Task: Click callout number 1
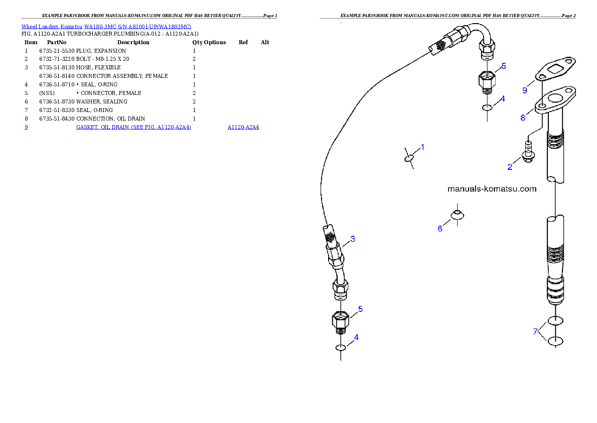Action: tap(422, 147)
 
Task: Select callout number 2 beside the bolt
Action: tap(510, 167)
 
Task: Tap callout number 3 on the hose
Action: tap(353, 239)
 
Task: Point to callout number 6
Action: tap(440, 229)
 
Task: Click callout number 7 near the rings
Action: tap(535, 331)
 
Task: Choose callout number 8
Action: tap(523, 118)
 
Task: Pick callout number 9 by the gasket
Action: tap(525, 90)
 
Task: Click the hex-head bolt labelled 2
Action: tap(527, 153)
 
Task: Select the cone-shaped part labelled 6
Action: tap(457, 215)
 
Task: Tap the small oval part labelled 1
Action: tap(409, 158)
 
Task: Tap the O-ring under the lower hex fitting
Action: tap(341, 348)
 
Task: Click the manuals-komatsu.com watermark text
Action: tap(492, 189)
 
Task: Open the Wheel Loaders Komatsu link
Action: tap(52, 27)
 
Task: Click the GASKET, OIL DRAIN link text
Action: tap(133, 128)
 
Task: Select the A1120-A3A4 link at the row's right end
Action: tap(243, 128)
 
